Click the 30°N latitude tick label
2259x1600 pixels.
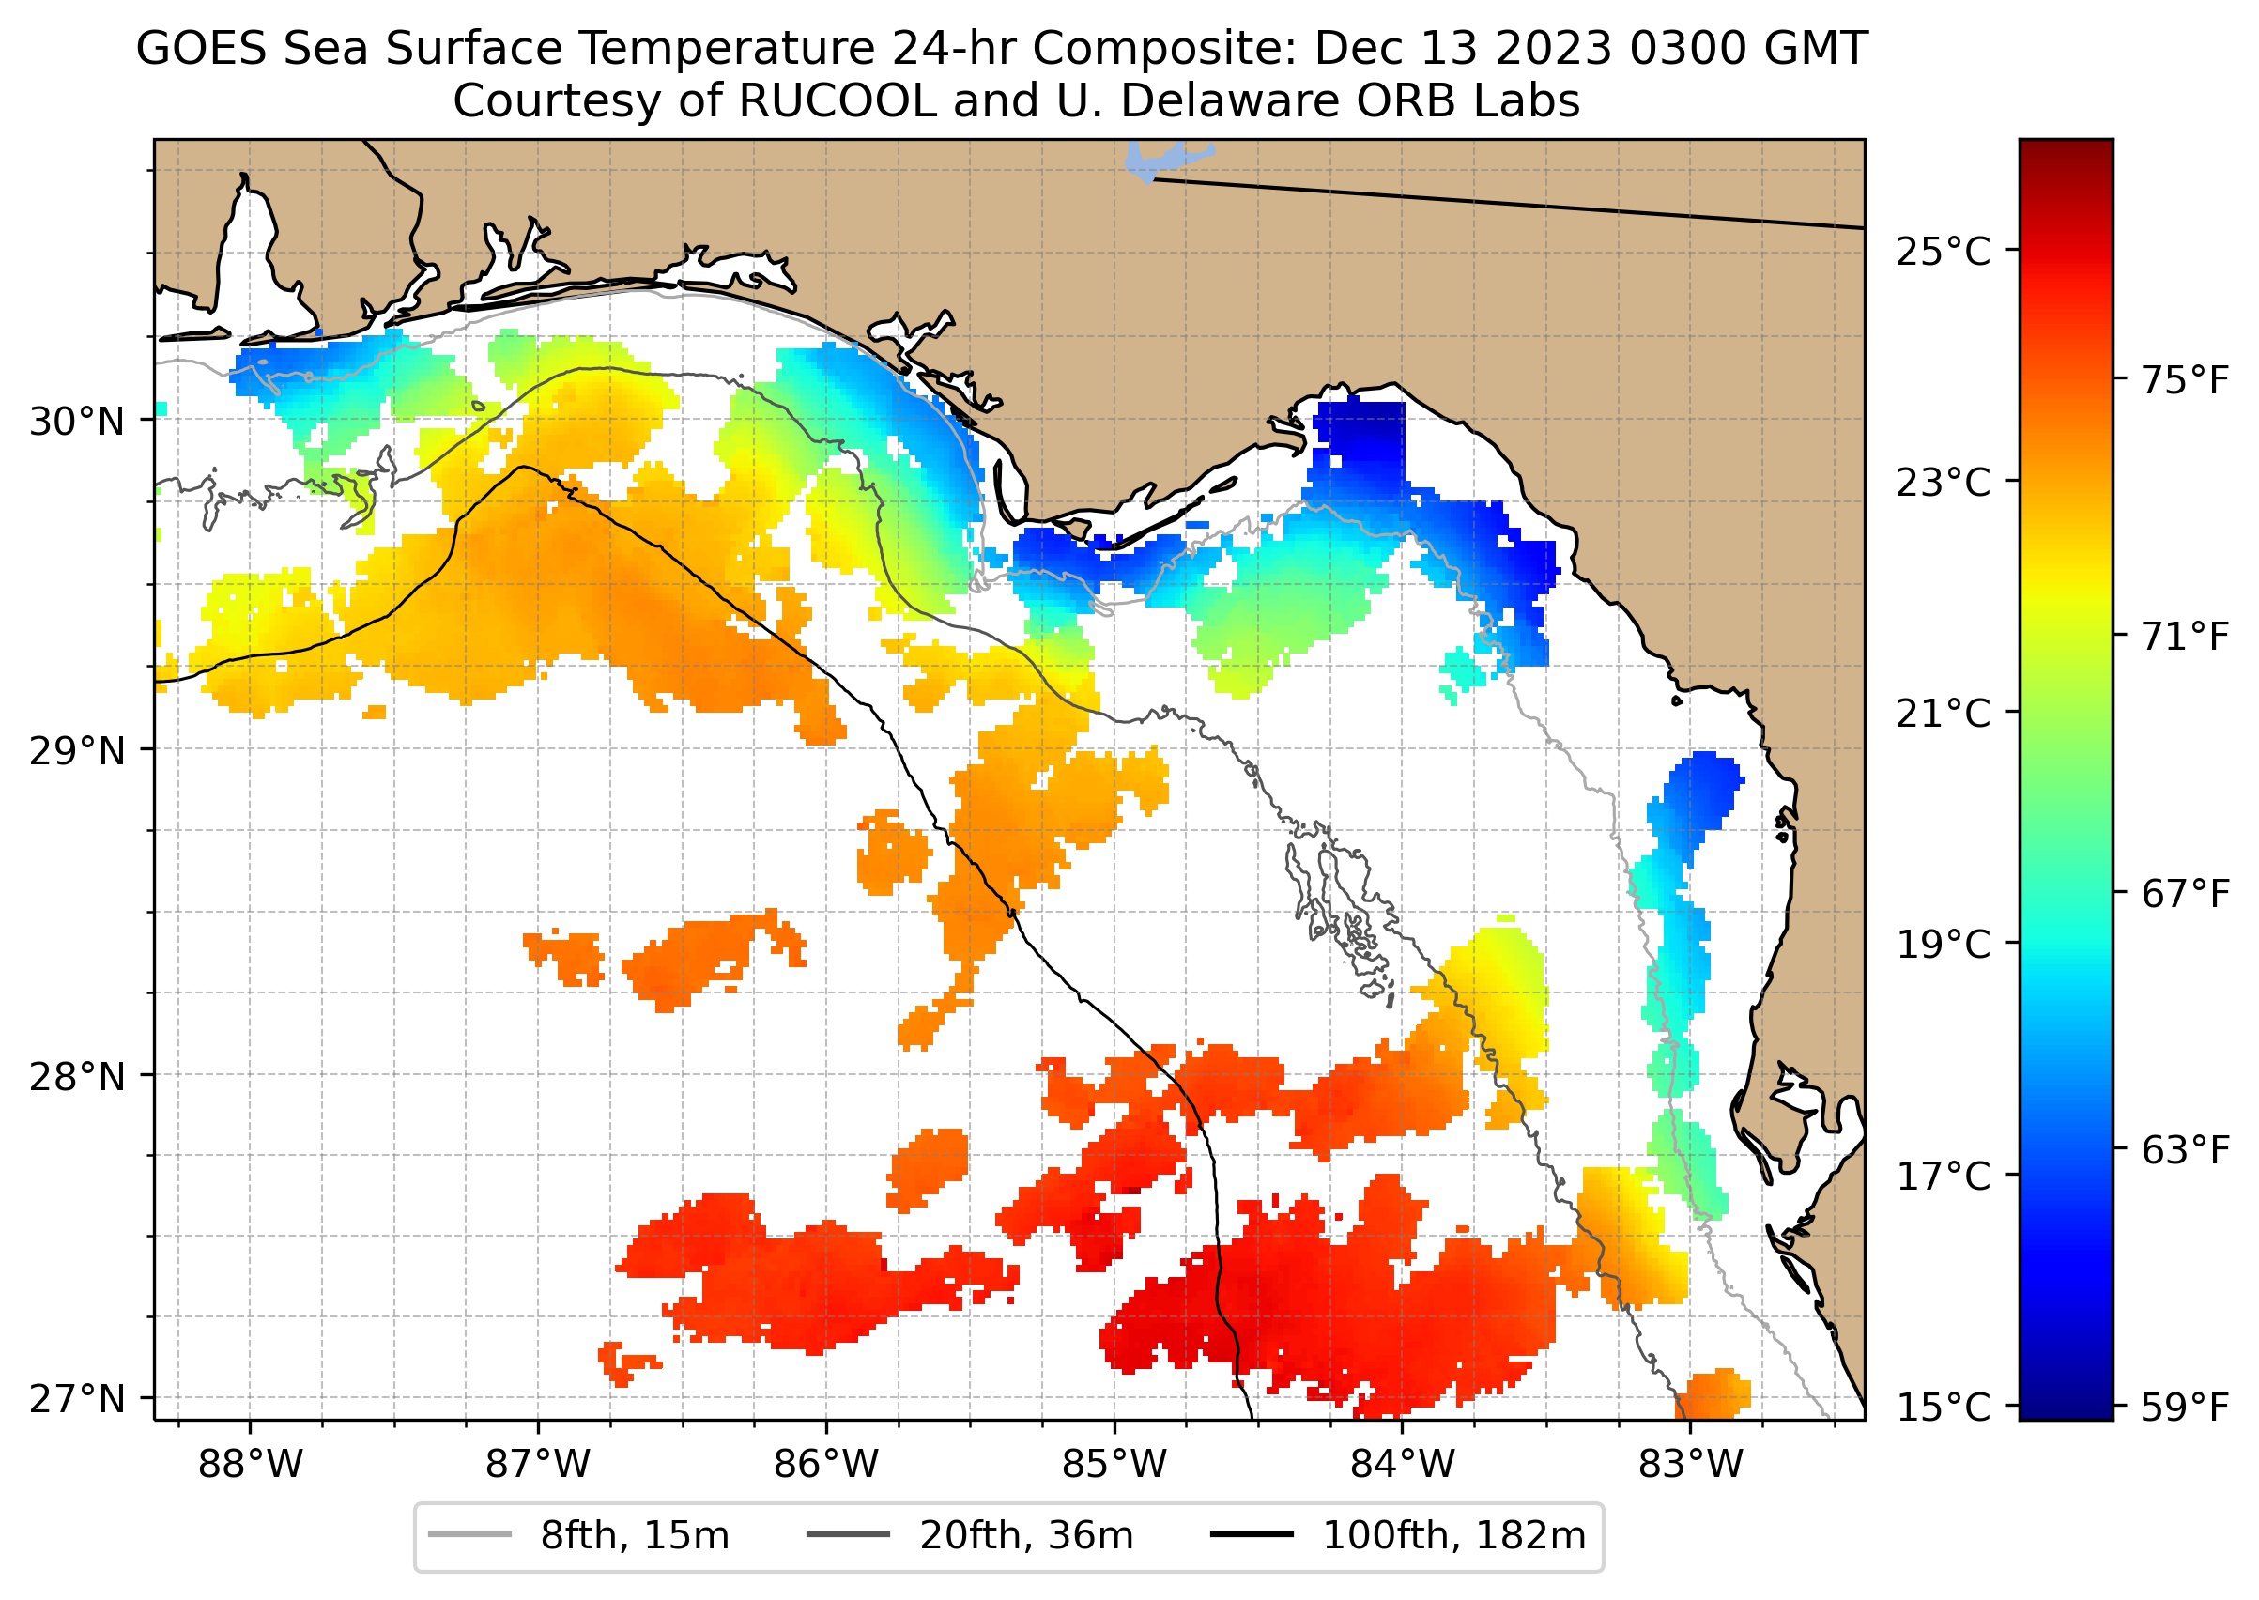(77, 422)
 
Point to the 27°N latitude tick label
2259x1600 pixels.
(77, 1398)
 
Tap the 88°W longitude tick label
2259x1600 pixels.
(251, 1465)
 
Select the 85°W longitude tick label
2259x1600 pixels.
(1114, 1465)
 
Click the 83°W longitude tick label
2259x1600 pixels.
(1691, 1465)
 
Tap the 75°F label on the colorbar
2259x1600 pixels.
(2185, 380)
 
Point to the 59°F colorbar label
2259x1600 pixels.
(2185, 1407)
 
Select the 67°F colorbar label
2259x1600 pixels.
(2185, 894)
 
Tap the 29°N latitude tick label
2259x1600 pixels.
(77, 752)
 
